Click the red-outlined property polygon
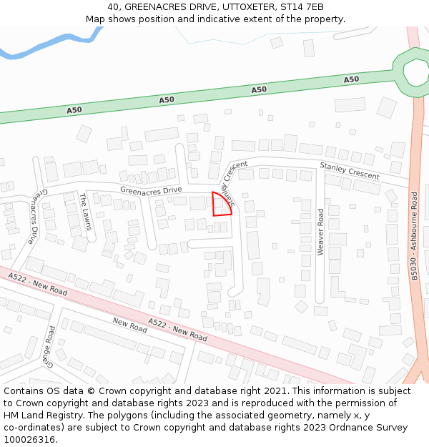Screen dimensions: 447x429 pyautogui.click(x=221, y=205)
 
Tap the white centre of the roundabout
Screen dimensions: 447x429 pyautogui.click(x=415, y=72)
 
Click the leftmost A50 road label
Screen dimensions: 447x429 pyautogui.click(x=74, y=110)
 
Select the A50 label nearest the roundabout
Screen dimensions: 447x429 pyautogui.click(x=351, y=79)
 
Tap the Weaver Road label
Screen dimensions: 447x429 pyautogui.click(x=321, y=232)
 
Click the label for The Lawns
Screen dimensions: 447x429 pyautogui.click(x=86, y=212)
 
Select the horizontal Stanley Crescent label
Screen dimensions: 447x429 pyautogui.click(x=350, y=171)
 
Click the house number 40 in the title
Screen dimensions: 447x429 pyautogui.click(x=114, y=7)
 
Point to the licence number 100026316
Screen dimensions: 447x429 pyautogui.click(x=30, y=440)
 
